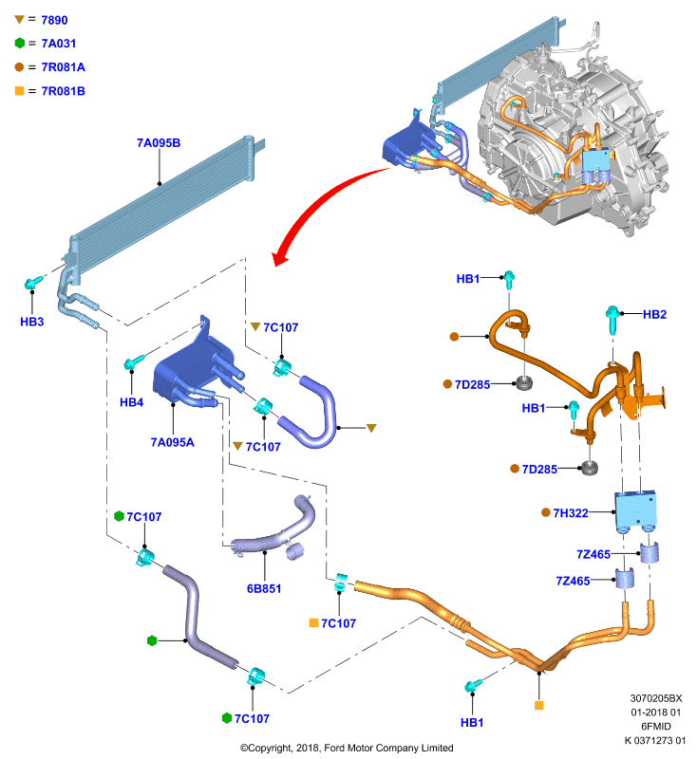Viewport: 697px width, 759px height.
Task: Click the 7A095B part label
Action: click(x=159, y=143)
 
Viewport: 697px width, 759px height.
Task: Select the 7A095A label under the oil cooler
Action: click(x=173, y=442)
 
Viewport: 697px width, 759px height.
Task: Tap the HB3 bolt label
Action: click(x=32, y=322)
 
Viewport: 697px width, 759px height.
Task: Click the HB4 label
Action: click(x=132, y=401)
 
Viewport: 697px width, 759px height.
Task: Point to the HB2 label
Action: click(x=654, y=314)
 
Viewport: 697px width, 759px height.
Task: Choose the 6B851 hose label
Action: click(x=264, y=588)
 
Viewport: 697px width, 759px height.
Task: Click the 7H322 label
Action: click(x=571, y=512)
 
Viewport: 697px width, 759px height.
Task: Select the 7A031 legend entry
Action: click(x=59, y=44)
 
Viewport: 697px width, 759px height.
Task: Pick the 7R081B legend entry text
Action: click(x=64, y=91)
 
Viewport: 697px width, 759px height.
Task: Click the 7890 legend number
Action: click(x=54, y=20)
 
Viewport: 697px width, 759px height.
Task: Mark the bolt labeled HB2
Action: click(x=612, y=319)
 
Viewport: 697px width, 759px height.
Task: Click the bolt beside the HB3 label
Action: click(x=32, y=283)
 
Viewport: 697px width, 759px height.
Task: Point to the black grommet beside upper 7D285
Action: click(x=524, y=383)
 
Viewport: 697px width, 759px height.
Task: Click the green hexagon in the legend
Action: click(x=19, y=43)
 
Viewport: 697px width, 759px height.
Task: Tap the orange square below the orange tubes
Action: click(x=539, y=705)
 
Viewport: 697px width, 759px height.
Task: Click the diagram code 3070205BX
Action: click(x=656, y=698)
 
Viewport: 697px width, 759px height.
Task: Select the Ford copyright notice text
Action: click(x=347, y=748)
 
